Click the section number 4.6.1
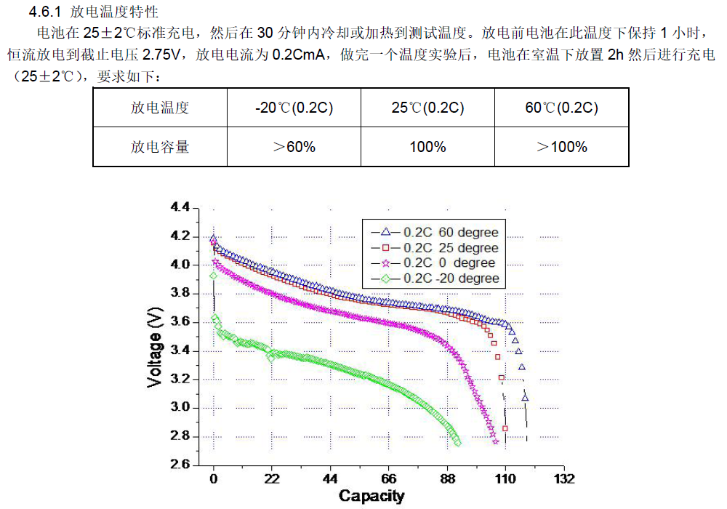[46, 12]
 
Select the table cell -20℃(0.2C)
[294, 108]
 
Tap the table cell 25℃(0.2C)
[427, 108]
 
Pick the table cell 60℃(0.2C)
[561, 108]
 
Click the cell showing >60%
[294, 147]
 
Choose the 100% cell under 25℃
[427, 147]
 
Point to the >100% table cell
[561, 147]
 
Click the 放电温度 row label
[160, 108]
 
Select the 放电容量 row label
[160, 147]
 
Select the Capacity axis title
[371, 496]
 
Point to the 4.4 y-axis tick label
[180, 208]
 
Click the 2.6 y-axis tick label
[180, 465]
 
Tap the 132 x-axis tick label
[564, 479]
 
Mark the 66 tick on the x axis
[389, 479]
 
